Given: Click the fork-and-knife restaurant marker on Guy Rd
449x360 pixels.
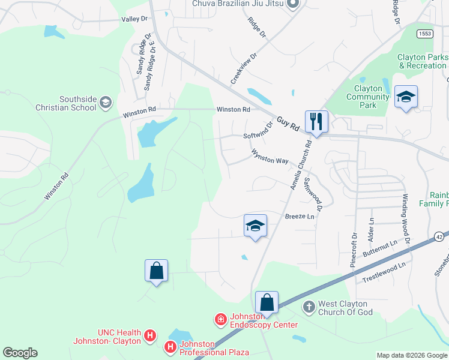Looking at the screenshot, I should [316, 121].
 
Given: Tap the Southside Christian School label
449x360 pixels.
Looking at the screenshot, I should [77, 103].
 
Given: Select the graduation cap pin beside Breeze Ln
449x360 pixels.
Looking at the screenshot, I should [255, 226].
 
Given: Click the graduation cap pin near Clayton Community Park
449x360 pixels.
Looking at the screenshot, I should [406, 97].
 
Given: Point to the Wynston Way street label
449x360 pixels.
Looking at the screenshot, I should [270, 157].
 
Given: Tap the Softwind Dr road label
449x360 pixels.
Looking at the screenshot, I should [258, 131].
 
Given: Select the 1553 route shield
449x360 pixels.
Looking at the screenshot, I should [425, 34].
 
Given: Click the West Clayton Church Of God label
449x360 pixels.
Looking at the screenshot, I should [345, 308].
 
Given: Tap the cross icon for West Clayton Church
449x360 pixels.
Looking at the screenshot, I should [309, 307].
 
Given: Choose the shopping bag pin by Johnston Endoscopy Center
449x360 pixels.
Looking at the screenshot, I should [267, 302].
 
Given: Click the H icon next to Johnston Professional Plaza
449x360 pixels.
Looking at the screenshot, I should [170, 346].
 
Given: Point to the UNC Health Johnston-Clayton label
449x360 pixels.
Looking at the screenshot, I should [107, 337].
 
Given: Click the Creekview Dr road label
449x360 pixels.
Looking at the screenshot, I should [244, 68].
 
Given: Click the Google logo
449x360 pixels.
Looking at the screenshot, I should [20, 353].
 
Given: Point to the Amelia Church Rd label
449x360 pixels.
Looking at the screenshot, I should [301, 165].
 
